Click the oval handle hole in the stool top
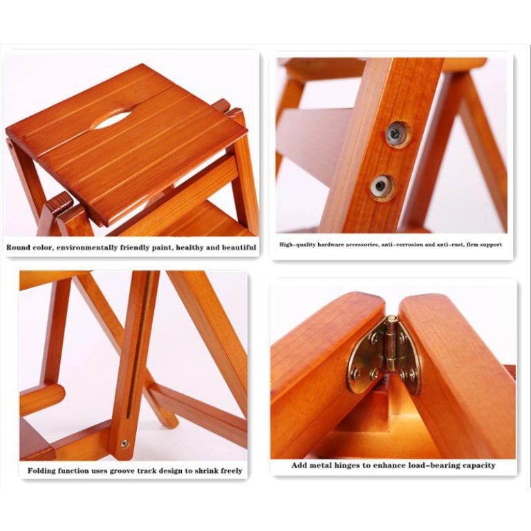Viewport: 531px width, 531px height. (x=111, y=120)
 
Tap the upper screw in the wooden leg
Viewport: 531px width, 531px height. (x=396, y=133)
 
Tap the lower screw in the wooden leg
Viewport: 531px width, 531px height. (x=381, y=185)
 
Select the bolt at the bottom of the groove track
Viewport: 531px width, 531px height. (x=124, y=443)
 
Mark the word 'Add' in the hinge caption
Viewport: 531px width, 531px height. (x=299, y=465)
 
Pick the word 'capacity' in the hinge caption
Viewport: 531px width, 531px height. (x=479, y=465)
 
